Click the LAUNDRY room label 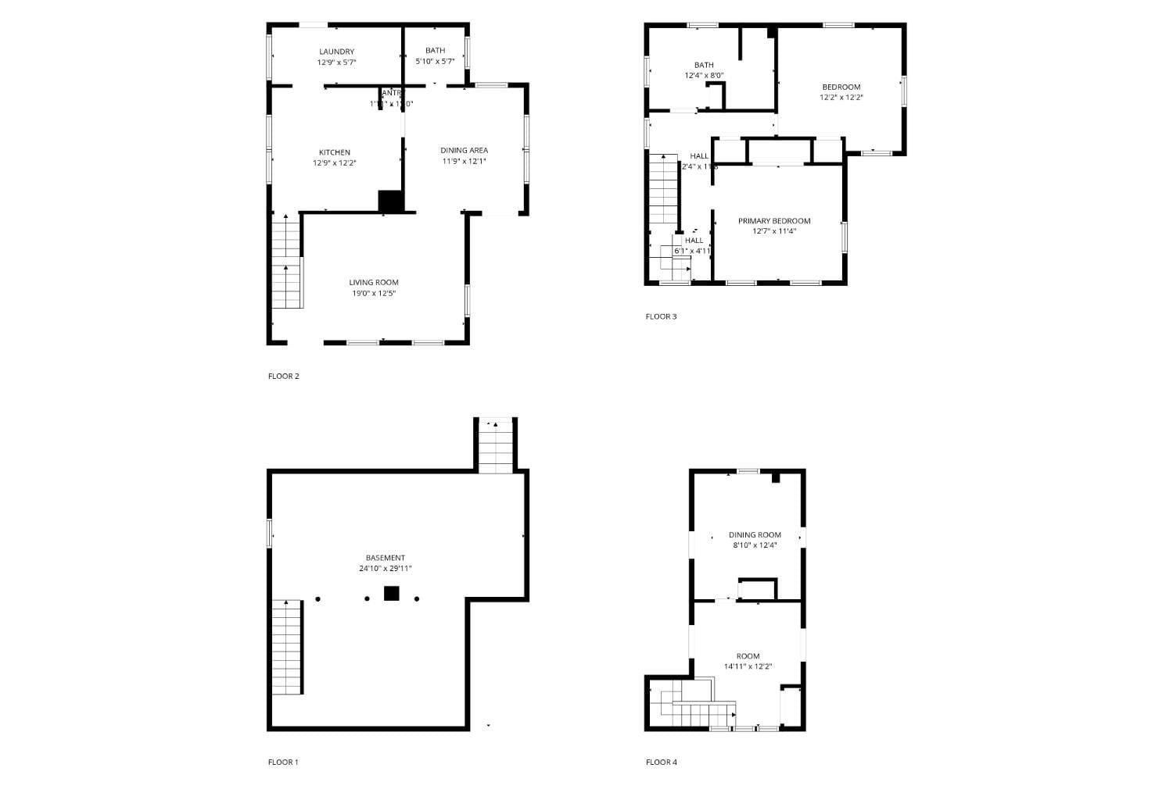pyautogui.click(x=336, y=52)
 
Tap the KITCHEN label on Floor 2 pyautogui.click(x=335, y=152)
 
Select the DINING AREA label pyautogui.click(x=465, y=151)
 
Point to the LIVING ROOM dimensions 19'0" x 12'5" pyautogui.click(x=374, y=293)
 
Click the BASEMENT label pyautogui.click(x=386, y=558)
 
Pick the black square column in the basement pyautogui.click(x=392, y=593)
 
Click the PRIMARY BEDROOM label pyautogui.click(x=774, y=221)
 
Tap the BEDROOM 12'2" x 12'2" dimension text pyautogui.click(x=841, y=98)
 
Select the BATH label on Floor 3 pyautogui.click(x=704, y=65)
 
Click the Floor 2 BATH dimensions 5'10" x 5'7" pyautogui.click(x=435, y=61)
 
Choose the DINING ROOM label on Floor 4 pyautogui.click(x=755, y=535)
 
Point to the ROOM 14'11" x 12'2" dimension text pyautogui.click(x=748, y=666)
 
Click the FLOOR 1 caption pyautogui.click(x=283, y=762)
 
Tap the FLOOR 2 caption pyautogui.click(x=284, y=376)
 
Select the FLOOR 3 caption pyautogui.click(x=662, y=316)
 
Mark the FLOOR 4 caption pyautogui.click(x=662, y=762)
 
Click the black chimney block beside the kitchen pyautogui.click(x=390, y=201)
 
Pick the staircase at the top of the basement pyautogui.click(x=496, y=446)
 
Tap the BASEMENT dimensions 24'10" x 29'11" pyautogui.click(x=386, y=569)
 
